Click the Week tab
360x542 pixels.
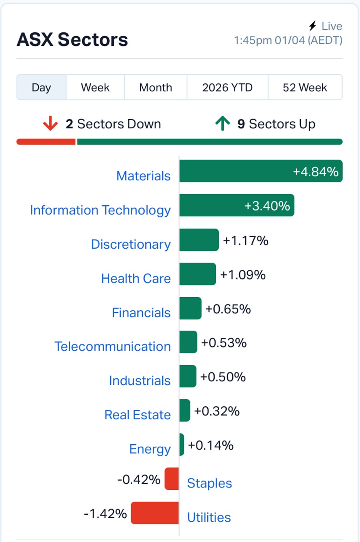coord(95,88)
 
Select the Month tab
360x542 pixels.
coord(155,88)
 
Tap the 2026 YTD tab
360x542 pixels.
coord(227,88)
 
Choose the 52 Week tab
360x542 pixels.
coord(305,88)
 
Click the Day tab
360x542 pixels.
coord(41,88)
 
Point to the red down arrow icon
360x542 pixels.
coord(50,124)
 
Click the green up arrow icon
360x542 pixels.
coord(223,123)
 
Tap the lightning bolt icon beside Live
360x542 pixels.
coord(313,26)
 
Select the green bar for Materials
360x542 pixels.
coord(260,171)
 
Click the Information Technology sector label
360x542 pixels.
coord(100,210)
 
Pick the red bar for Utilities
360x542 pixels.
coord(155,513)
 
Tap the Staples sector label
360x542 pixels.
coord(209,483)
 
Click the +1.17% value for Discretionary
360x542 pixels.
coord(245,241)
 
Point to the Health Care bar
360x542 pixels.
coord(198,274)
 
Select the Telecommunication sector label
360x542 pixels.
coord(112,346)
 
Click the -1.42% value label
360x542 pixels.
coord(105,514)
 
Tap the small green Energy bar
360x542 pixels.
coord(182,444)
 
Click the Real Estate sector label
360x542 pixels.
coord(137,415)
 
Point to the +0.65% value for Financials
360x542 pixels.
coord(228,309)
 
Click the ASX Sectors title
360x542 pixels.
coord(72,40)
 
